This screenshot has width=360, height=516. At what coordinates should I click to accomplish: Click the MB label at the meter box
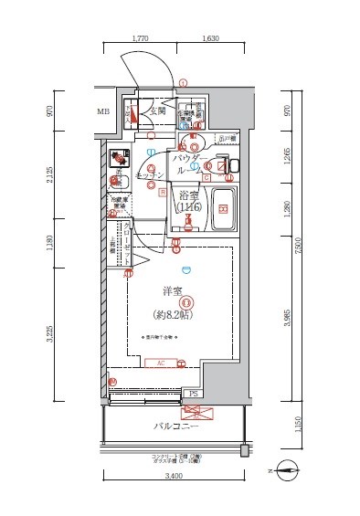pyautogui.click(x=103, y=113)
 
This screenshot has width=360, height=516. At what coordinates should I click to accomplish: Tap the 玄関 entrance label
pyautogui.click(x=157, y=111)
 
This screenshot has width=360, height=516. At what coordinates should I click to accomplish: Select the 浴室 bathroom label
pyautogui.click(x=189, y=196)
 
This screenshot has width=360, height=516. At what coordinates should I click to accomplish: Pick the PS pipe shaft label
pyautogui.click(x=194, y=394)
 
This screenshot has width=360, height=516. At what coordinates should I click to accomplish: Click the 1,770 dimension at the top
pyautogui.click(x=140, y=39)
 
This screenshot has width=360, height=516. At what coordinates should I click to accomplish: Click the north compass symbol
pyautogui.click(x=286, y=471)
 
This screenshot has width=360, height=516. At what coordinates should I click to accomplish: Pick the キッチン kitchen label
pyautogui.click(x=149, y=174)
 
